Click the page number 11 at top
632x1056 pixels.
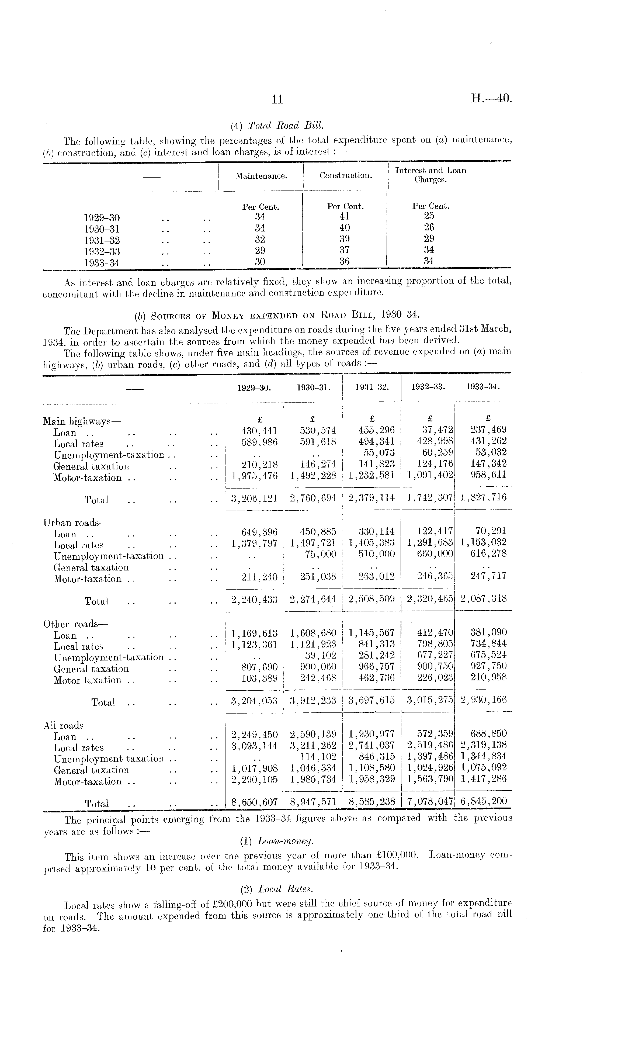point(277,100)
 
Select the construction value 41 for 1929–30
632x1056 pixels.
point(345,216)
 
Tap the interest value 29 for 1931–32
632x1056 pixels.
point(429,238)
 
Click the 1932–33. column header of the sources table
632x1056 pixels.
point(428,387)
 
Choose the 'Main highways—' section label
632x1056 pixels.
point(82,422)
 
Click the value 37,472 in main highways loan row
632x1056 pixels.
point(436,430)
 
